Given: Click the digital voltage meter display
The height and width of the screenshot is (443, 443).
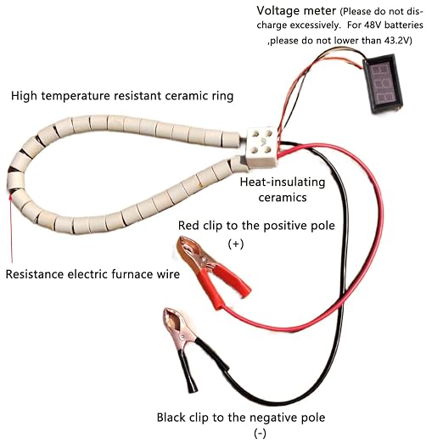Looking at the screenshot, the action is click(383, 83).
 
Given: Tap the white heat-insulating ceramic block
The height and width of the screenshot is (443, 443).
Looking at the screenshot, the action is click(261, 147).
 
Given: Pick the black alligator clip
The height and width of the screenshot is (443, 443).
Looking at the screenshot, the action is click(188, 350).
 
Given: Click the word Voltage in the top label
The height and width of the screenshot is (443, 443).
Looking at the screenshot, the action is click(276, 11).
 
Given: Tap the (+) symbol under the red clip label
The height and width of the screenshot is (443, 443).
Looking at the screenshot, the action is click(236, 244).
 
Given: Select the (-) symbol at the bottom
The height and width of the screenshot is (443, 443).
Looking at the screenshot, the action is click(260, 433).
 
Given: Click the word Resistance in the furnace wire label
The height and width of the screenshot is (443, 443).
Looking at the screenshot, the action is click(35, 274).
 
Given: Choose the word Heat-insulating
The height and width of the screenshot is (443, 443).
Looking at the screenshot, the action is click(283, 182).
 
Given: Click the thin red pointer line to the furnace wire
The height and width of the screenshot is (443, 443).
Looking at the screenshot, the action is click(11, 228).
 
